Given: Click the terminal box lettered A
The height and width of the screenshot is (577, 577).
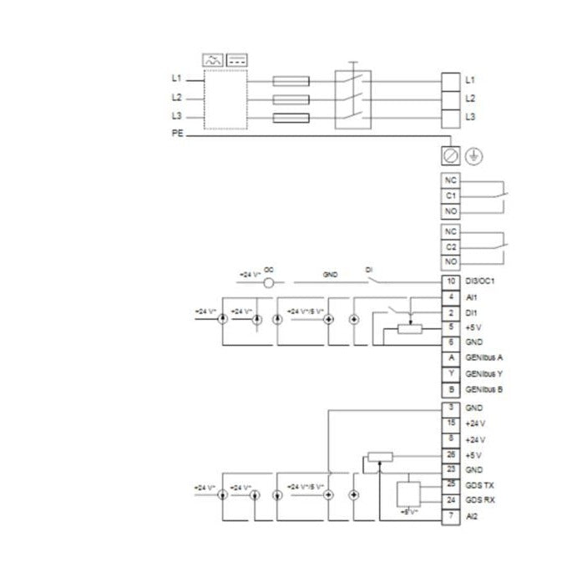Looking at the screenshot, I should click(x=450, y=358).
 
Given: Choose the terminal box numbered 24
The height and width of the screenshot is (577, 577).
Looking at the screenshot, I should click(x=450, y=500).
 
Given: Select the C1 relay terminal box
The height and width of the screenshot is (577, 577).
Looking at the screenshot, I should click(x=450, y=195).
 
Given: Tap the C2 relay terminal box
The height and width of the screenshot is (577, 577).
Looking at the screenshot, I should click(x=450, y=246).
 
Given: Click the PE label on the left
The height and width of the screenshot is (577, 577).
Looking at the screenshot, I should click(x=177, y=134).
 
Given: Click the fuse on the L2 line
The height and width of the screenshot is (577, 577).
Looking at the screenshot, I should click(x=291, y=99).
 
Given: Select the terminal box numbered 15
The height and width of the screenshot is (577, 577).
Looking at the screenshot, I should click(x=450, y=423).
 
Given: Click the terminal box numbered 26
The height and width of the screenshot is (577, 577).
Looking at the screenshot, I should click(x=450, y=454).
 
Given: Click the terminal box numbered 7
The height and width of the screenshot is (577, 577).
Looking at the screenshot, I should click(x=450, y=516).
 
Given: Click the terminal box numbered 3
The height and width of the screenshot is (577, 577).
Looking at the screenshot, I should click(x=450, y=407).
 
